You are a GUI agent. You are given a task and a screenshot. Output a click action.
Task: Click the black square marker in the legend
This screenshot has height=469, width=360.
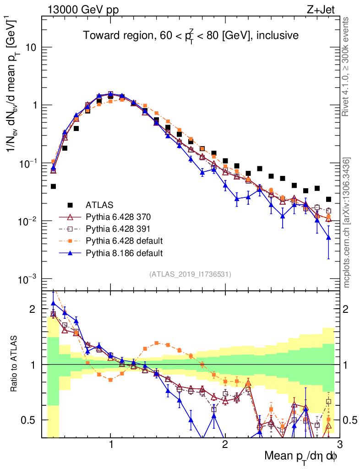click(70, 205)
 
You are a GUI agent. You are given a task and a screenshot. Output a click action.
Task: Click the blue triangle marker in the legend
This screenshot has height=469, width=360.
click(70, 252)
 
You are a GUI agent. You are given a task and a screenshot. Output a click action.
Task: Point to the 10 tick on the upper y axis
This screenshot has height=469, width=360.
click(32, 48)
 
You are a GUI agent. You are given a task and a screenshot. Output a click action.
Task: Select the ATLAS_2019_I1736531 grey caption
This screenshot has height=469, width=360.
click(190, 274)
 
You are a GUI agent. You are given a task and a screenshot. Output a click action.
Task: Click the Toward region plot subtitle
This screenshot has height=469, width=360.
click(191, 35)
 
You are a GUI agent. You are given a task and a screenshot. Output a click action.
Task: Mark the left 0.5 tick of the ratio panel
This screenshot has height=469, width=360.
click(32, 420)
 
